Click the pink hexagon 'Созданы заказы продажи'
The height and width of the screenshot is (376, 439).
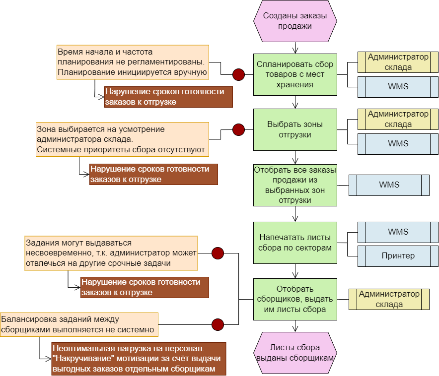pos(295,21)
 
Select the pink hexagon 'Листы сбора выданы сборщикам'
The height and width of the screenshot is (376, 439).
pos(295,353)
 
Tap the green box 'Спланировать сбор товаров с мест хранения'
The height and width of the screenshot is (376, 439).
pos(295,74)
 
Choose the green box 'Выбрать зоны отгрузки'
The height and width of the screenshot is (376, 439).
pos(295,130)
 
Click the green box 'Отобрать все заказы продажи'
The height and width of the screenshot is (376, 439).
pos(295,185)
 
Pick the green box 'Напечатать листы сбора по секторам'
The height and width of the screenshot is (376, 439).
pos(295,243)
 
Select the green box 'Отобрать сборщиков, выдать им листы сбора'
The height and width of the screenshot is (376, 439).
pos(295,299)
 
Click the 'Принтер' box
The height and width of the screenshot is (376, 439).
pos(398,256)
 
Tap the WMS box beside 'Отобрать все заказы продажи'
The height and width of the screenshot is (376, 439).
pos(389,185)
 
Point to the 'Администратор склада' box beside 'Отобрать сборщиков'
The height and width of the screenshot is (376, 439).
pos(389,299)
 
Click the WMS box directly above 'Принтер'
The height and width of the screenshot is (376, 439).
pos(398,232)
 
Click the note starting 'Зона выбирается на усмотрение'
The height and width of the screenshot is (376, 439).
pos(122,139)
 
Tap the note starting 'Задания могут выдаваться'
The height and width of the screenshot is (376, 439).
pos(111,253)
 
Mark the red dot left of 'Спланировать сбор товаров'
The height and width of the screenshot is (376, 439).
pos(239,74)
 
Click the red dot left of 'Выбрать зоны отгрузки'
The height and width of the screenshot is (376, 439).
pos(239,130)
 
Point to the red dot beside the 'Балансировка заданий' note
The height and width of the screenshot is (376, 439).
pos(218,324)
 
